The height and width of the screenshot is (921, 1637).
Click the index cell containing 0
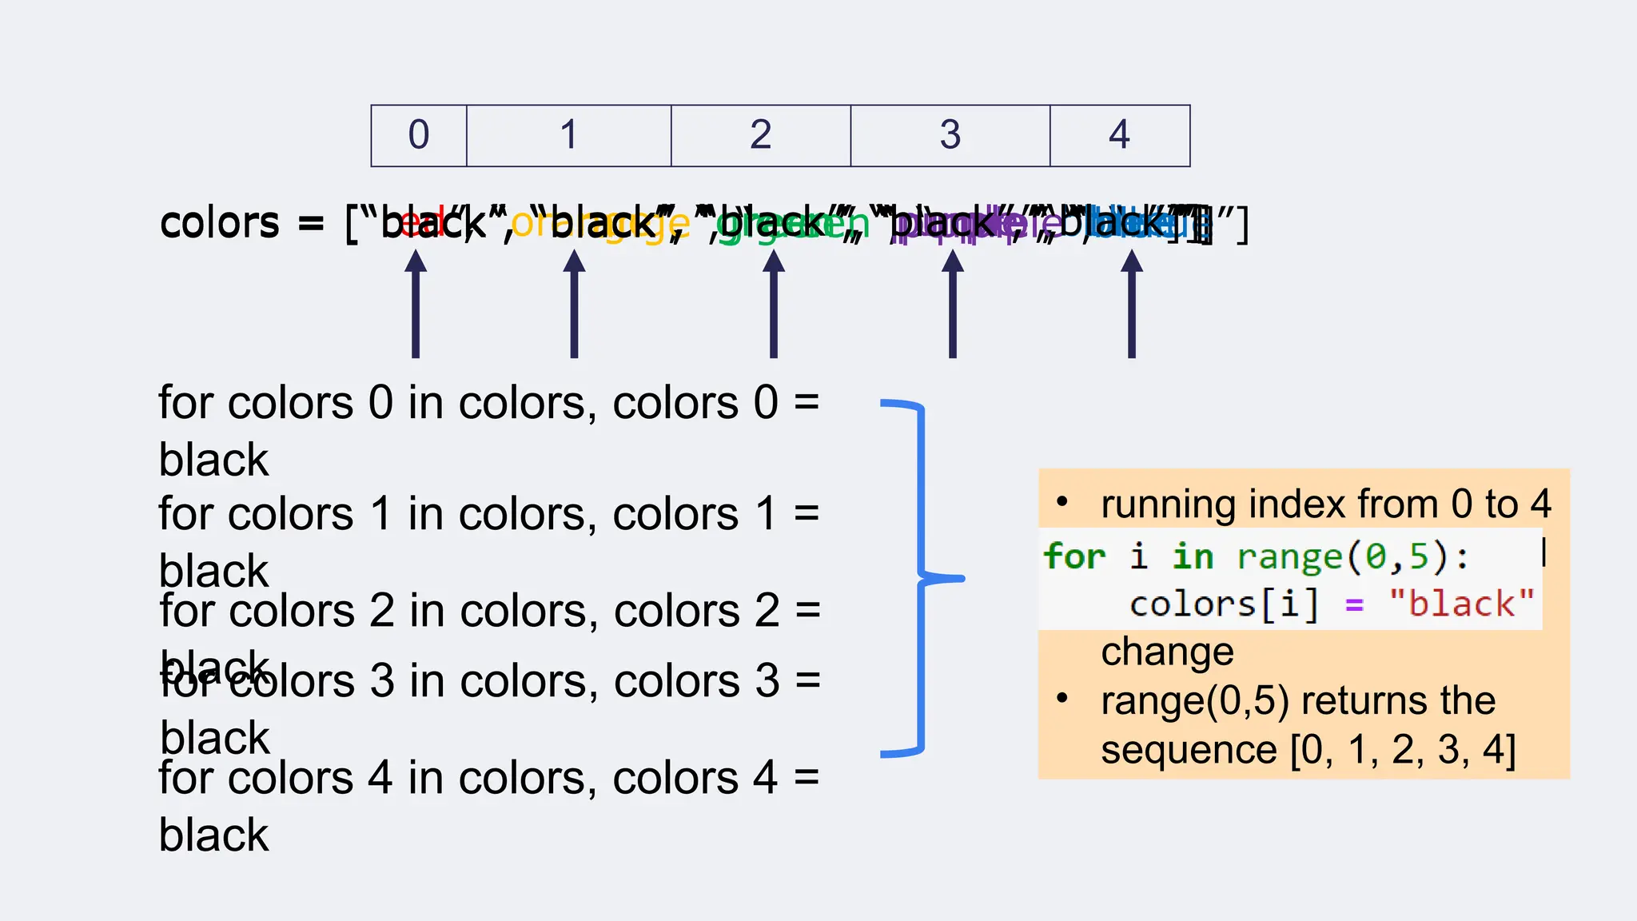coord(419,135)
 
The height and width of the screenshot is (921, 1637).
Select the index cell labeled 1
coord(568,135)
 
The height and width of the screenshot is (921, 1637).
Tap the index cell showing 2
coord(760,135)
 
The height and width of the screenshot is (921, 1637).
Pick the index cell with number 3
coord(950,135)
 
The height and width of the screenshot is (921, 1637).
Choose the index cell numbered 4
coord(1119,135)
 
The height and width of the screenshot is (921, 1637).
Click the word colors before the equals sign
coord(220,223)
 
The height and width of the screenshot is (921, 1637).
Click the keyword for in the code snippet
coord(1074,556)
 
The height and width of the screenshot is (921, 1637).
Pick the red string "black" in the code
coord(1461,604)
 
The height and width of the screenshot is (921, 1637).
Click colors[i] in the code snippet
coord(1223,604)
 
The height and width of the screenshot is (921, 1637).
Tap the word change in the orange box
coord(1167,652)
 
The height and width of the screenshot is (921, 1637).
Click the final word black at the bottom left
coord(214,835)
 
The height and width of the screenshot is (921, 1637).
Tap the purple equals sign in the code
coord(1354,605)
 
